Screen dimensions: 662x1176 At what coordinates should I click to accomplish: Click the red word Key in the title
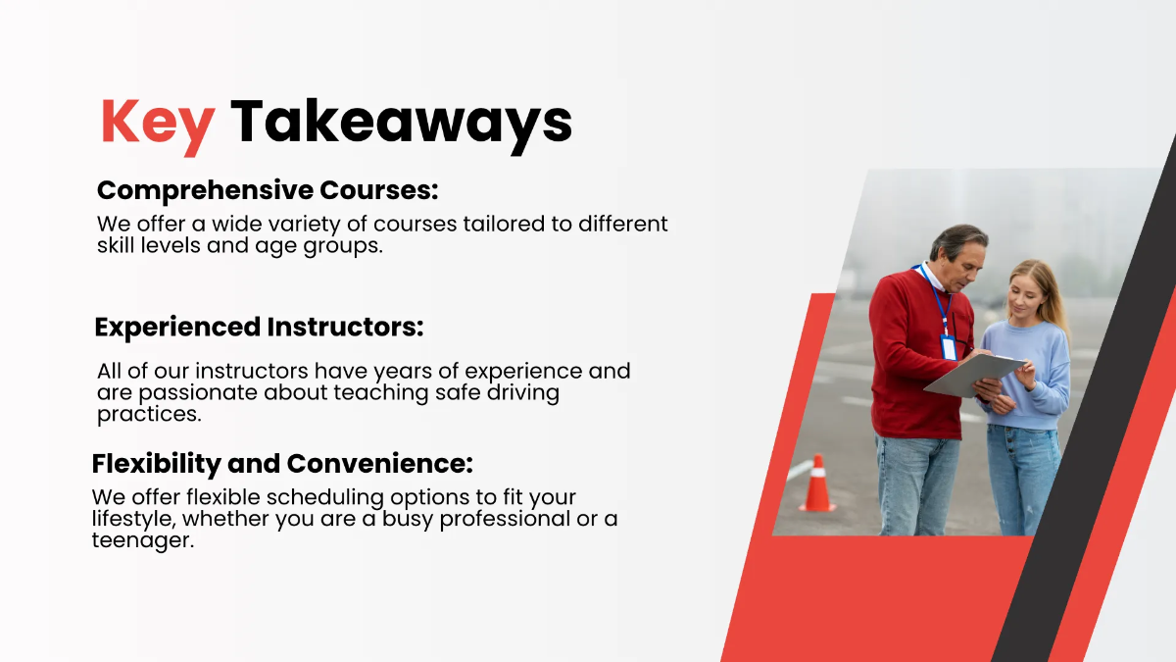coord(157,123)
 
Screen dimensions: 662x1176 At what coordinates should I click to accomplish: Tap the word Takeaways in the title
coord(401,123)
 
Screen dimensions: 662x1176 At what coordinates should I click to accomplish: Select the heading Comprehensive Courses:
coord(268,190)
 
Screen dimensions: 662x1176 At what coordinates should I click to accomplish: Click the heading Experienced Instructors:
coord(259,327)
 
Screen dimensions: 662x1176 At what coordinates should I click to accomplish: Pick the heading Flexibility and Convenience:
coord(282,463)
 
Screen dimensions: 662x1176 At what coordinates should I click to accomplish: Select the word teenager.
coord(142,540)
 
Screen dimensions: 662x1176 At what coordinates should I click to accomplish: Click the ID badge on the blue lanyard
coord(948,347)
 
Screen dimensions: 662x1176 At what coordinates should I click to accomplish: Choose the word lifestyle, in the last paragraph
coord(133,519)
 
